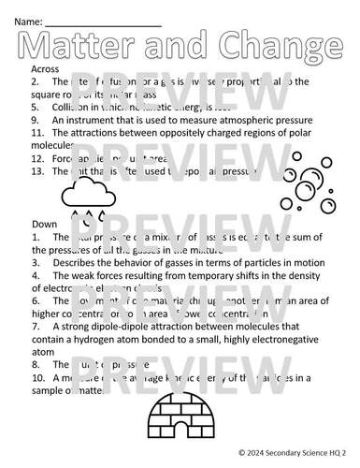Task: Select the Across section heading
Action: (45, 69)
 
